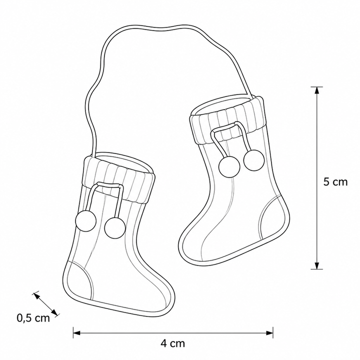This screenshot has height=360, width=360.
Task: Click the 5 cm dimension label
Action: coord(335,182)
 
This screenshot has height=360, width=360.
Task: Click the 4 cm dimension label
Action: coord(172,343)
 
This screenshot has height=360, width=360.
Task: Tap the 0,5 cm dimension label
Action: coord(33,318)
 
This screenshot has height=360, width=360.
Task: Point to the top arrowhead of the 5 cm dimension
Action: coord(317,90)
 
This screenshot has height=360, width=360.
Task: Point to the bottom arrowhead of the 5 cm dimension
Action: coord(317,265)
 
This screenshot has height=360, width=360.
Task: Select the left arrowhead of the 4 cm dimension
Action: coord(77,332)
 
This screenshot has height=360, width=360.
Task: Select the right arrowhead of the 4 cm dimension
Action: coord(269,332)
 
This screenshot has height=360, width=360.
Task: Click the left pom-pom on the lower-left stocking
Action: coord(85,221)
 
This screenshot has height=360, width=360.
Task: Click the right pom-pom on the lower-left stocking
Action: coord(115,228)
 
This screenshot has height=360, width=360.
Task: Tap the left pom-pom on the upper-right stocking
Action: coord(229,167)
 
